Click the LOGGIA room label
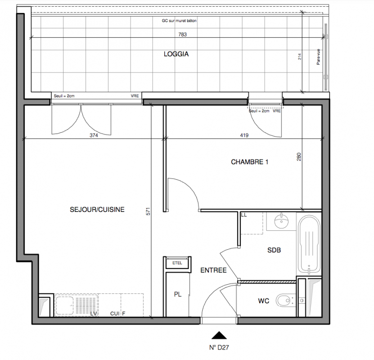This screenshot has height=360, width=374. click(x=176, y=54)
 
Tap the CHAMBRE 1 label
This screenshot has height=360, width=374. click(x=249, y=162)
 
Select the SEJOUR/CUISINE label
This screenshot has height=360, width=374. click(x=97, y=210)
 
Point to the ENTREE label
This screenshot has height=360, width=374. click(x=213, y=270)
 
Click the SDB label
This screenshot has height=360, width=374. click(x=274, y=250)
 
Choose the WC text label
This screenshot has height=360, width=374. click(x=264, y=301)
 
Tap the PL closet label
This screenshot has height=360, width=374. click(x=178, y=294)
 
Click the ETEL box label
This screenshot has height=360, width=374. click(x=177, y=263)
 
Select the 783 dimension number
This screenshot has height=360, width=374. click(x=182, y=35)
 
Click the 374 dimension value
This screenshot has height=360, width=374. click(x=94, y=135)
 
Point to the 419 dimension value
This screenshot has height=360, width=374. click(x=244, y=135)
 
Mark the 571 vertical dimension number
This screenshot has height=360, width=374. click(x=148, y=211)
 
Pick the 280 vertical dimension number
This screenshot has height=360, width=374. click(x=299, y=157)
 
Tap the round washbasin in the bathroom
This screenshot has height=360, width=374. click(x=281, y=221)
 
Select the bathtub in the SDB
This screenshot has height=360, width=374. click(x=309, y=245)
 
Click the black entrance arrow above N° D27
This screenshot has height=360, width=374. click(x=219, y=335)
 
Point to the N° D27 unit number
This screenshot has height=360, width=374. click(x=219, y=347)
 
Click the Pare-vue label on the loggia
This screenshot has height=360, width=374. click(x=318, y=57)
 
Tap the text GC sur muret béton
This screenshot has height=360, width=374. click(x=179, y=21)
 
